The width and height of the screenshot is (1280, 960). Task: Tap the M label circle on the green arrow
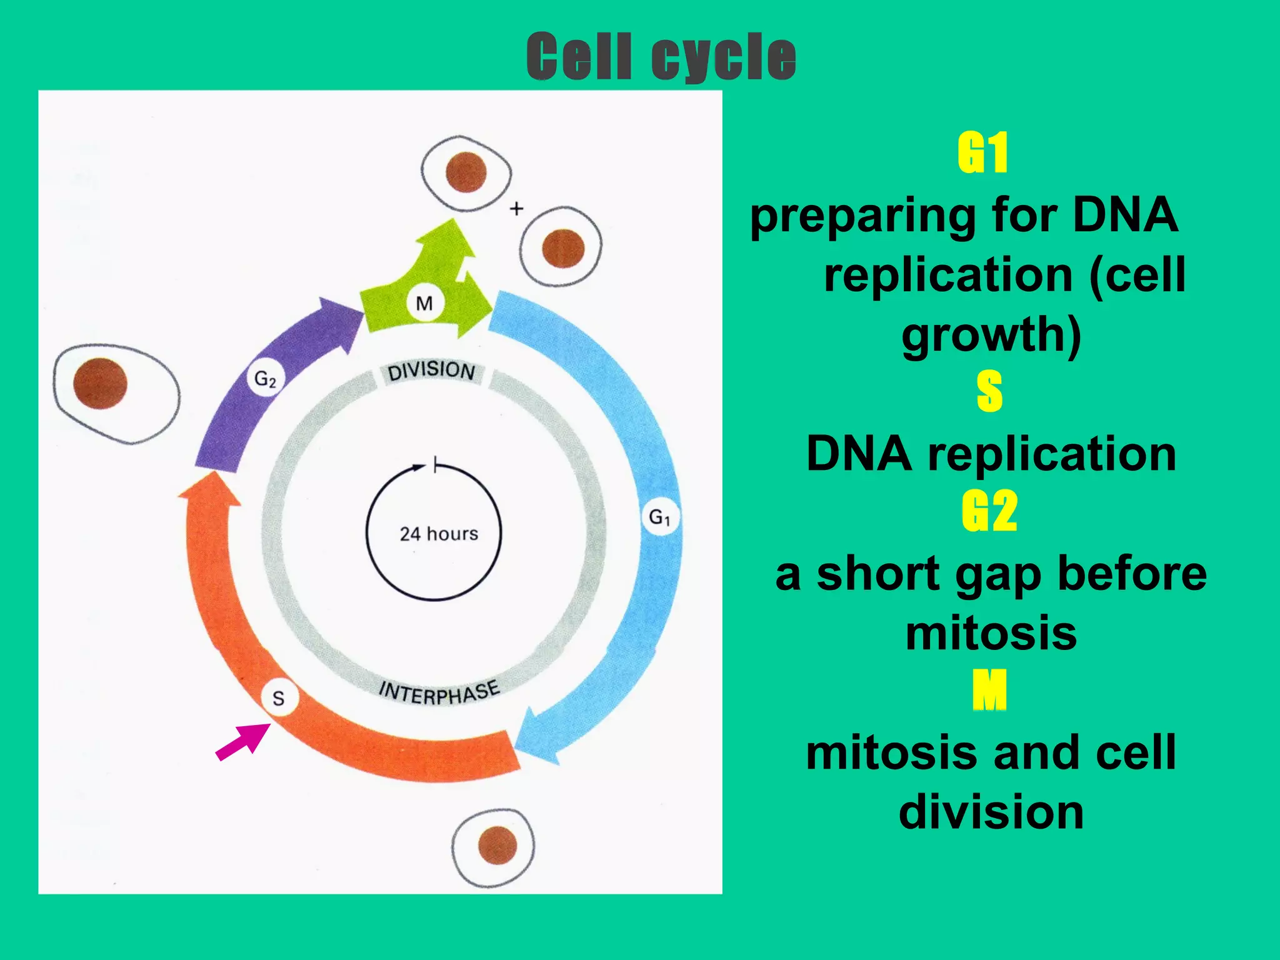tap(424, 304)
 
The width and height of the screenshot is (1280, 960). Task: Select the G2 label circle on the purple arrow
tap(266, 379)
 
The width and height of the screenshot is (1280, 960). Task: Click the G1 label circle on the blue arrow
tap(659, 517)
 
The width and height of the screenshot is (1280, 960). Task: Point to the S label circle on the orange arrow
tap(279, 698)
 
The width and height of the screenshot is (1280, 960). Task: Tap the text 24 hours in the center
tap(439, 534)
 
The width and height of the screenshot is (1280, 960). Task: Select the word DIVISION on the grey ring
tap(431, 371)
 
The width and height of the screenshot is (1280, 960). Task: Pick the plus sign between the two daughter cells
tap(516, 209)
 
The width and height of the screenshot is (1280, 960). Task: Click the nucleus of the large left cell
tap(100, 384)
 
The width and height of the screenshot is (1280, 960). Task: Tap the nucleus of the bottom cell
tap(497, 845)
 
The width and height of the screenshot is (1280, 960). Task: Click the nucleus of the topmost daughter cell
tap(466, 172)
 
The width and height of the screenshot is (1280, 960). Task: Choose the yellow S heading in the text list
tap(989, 391)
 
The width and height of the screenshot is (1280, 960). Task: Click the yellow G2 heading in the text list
tap(989, 511)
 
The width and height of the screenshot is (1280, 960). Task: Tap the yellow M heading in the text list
tap(989, 690)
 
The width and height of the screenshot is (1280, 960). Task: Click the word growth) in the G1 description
tap(991, 335)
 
